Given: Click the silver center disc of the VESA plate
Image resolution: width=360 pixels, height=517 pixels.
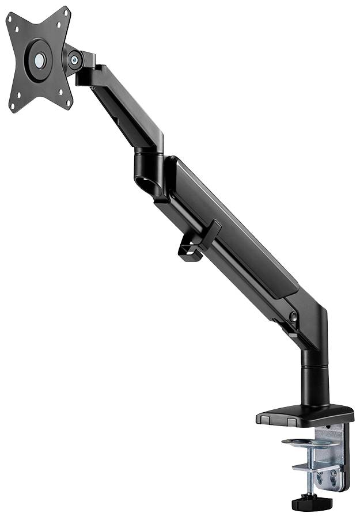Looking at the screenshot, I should (40, 59).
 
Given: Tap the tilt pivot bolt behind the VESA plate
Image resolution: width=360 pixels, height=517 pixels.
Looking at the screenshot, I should (74, 58).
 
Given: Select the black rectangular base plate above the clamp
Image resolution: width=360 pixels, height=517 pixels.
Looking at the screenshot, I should (305, 412).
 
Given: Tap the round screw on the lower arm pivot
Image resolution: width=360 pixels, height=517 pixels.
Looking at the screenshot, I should (293, 315).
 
